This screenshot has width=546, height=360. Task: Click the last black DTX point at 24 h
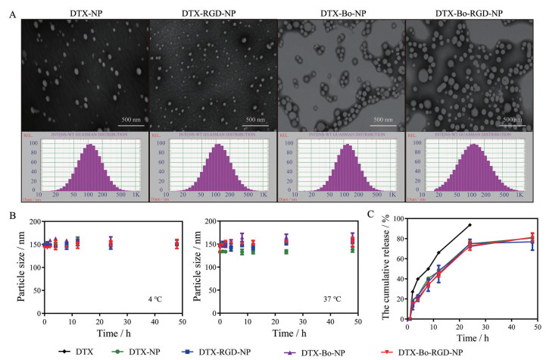[x=470, y=225]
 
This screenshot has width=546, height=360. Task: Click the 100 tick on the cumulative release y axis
[x=397, y=218]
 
